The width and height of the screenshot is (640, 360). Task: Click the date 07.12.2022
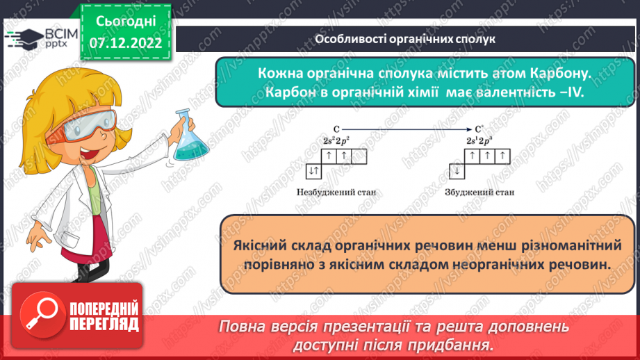tap(125, 42)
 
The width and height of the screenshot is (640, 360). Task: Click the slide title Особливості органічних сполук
tap(405, 40)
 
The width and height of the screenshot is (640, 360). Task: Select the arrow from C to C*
tap(407, 129)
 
